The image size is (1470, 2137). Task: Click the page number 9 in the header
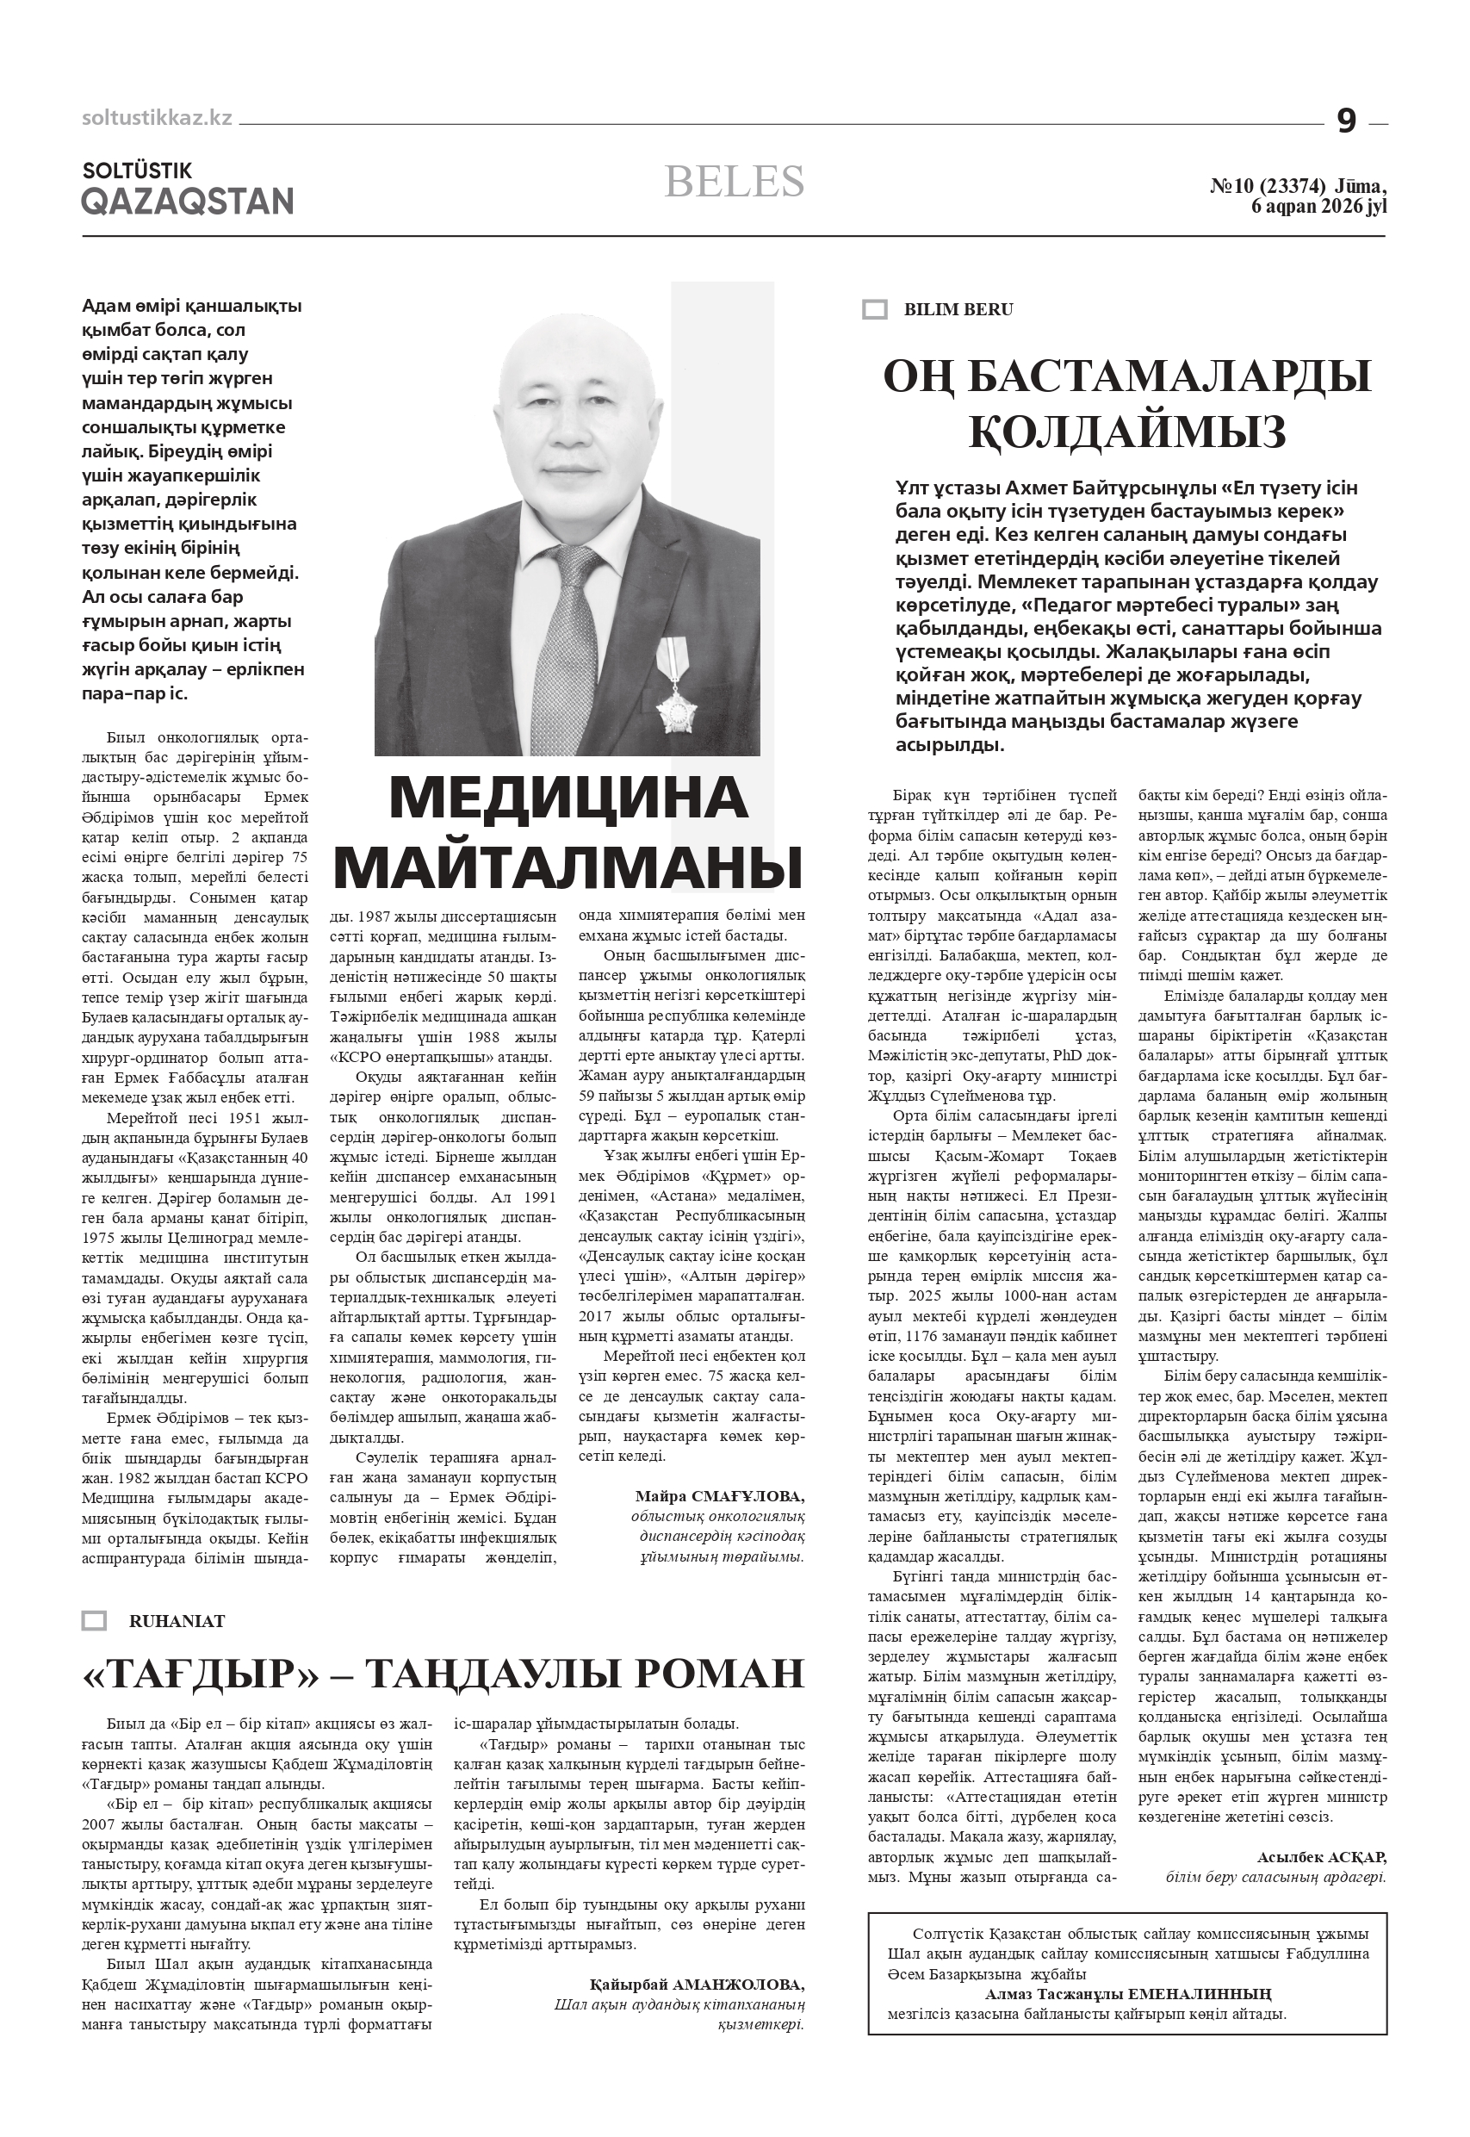1346,121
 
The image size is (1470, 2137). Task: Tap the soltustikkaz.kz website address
157,118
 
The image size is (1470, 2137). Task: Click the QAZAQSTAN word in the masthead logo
187,201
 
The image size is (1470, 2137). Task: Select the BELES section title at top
734,182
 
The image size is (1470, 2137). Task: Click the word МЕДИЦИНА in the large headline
568,798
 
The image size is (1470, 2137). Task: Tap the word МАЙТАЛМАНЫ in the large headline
568,866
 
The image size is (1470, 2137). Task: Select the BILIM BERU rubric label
958,309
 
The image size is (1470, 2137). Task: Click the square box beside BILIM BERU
874,309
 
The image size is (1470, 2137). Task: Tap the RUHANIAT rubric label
177,1621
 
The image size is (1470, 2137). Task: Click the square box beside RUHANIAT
94,1621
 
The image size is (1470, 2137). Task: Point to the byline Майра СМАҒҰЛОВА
719,1496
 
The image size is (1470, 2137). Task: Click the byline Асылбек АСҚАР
1321,1857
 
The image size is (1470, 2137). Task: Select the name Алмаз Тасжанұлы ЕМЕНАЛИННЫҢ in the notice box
1127,1993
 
